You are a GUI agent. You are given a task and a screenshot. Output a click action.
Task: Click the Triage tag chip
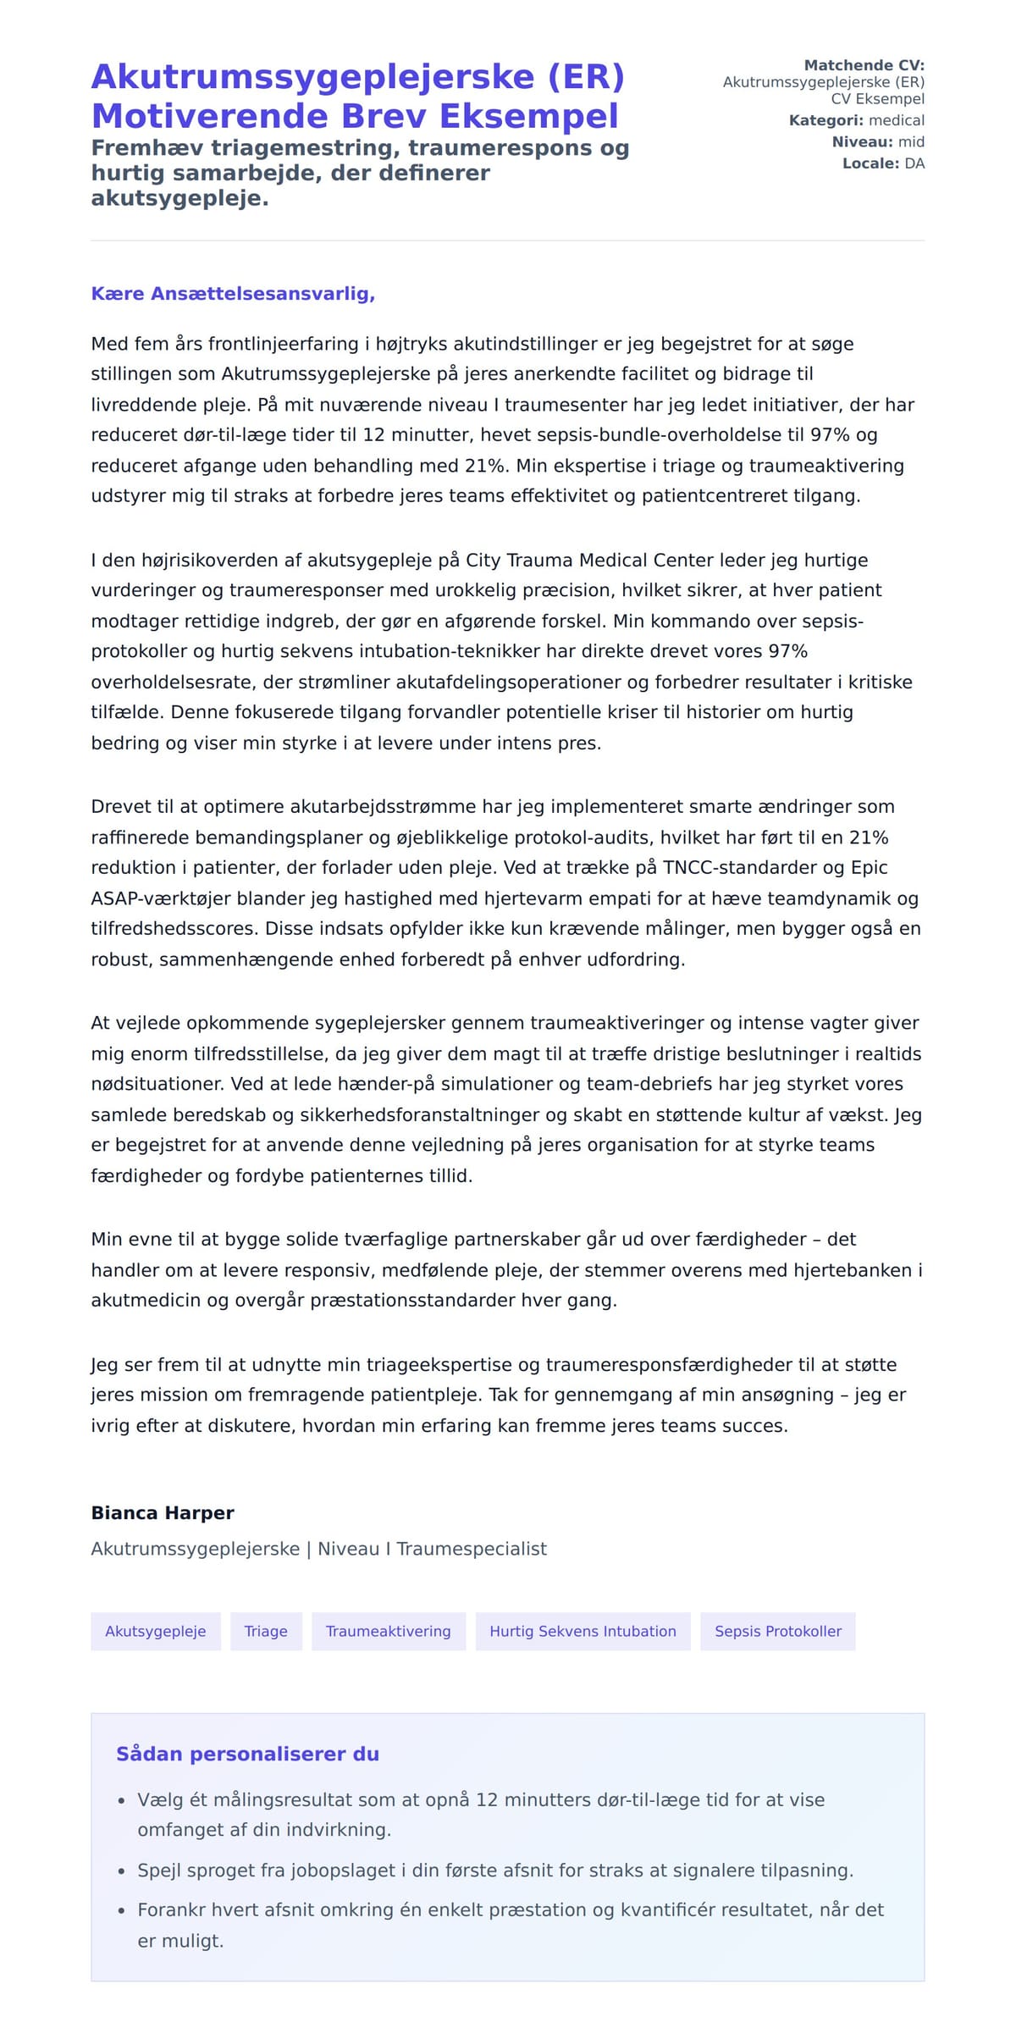266,1631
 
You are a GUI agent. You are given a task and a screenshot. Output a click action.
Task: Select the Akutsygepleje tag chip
156,1631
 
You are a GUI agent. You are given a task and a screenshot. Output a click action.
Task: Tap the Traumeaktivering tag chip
389,1631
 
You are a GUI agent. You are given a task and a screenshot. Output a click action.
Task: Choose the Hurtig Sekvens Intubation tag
583,1631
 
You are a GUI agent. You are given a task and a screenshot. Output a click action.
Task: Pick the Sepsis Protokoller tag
777,1631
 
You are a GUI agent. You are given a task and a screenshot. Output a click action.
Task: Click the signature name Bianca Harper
163,1512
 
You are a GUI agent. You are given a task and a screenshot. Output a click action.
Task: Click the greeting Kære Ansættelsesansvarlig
233,294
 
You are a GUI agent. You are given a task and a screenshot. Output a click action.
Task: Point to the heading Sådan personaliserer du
247,1754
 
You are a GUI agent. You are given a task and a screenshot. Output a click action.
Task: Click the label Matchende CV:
864,65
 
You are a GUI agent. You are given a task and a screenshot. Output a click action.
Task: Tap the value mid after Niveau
911,141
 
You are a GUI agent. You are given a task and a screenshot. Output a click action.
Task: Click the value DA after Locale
914,163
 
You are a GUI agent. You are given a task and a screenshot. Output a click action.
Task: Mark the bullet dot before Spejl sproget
121,1871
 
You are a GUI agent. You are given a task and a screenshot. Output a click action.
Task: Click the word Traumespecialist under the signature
472,1549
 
